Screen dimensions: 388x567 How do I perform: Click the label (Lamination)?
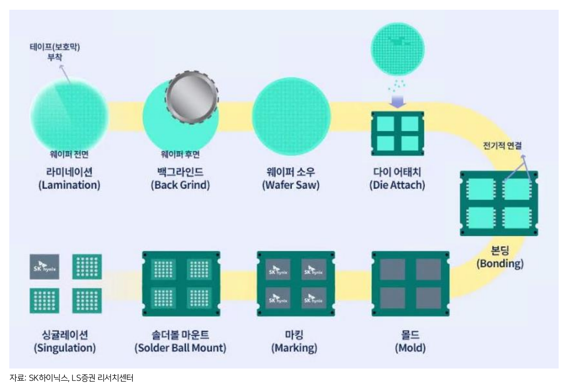[x=69, y=185]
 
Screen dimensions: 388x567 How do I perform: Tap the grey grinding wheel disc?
[x=192, y=97]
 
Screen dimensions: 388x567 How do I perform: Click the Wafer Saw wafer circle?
[x=291, y=116]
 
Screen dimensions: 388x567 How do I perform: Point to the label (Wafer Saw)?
[x=291, y=185]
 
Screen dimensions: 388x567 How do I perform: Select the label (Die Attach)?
[x=397, y=185]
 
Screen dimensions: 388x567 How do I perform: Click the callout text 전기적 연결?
[x=502, y=146]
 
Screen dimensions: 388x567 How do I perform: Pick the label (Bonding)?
[x=500, y=264]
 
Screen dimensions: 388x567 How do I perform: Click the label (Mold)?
[x=410, y=348]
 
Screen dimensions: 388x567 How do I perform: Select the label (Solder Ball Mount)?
[x=180, y=348]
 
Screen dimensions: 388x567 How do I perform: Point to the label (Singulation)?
[x=65, y=348]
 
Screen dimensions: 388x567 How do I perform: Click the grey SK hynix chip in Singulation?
[x=45, y=267]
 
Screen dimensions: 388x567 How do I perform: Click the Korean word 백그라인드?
[x=180, y=172]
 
